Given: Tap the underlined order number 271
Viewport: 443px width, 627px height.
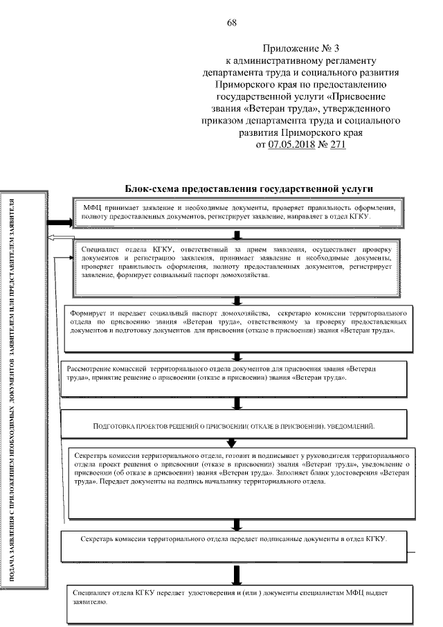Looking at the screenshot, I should pyautogui.click(x=334, y=145).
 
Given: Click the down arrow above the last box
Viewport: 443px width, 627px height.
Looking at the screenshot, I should pyautogui.click(x=237, y=574).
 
